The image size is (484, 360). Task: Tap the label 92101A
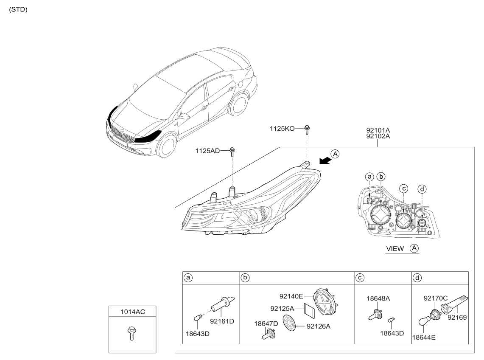point(378,130)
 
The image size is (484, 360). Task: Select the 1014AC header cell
point(132,311)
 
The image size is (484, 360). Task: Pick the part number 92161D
point(222,321)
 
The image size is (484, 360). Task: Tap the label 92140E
point(291,296)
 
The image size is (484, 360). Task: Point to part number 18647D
point(266,324)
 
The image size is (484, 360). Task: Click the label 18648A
point(378,298)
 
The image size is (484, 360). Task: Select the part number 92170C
point(436,298)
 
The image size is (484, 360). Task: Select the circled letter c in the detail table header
point(360,278)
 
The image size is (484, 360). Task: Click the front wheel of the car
point(166,147)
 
